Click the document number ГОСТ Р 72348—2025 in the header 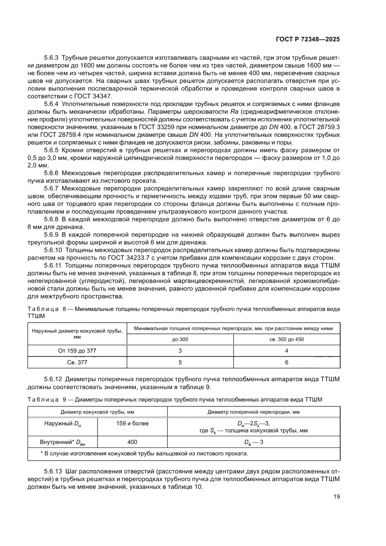click(x=306, y=40)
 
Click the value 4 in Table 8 click(x=287, y=350)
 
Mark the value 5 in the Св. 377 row click(x=180, y=362)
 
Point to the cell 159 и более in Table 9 click(x=132, y=424)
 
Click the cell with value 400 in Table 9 click(x=132, y=442)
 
